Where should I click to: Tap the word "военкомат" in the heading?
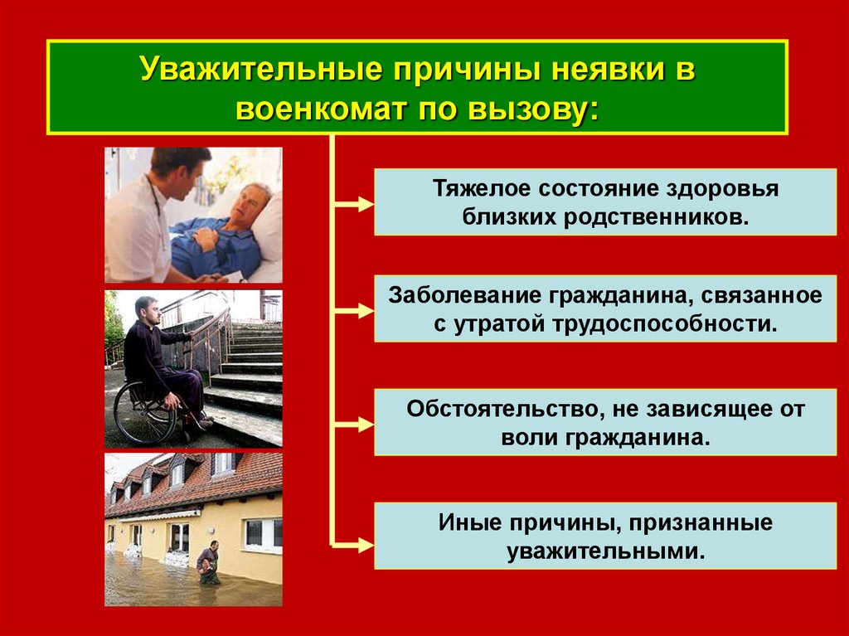320,109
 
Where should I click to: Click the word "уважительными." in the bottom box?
606,551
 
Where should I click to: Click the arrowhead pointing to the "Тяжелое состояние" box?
366,204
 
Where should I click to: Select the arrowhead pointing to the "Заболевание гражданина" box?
366,311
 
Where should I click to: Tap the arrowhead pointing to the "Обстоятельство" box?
366,424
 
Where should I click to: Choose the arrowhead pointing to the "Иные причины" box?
366,545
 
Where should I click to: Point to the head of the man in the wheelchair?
148,310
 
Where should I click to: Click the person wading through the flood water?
208,562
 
